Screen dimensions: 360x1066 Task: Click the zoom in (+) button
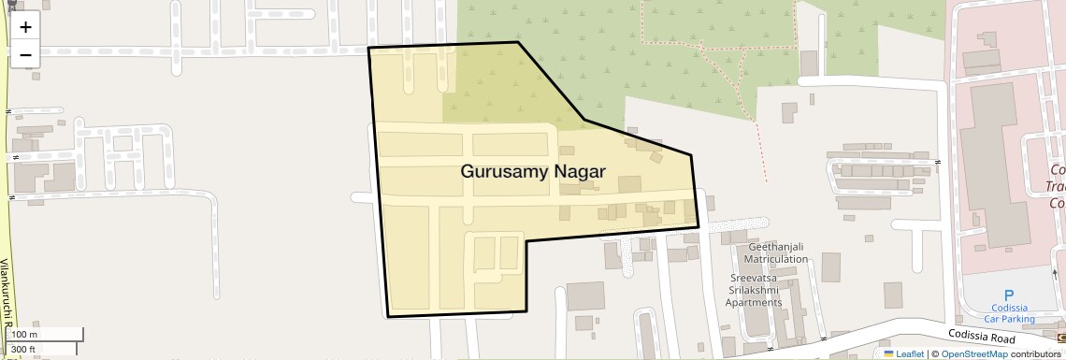[x=25, y=27]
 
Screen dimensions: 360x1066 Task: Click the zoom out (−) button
[x=25, y=54]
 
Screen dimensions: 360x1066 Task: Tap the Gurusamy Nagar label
[x=533, y=172]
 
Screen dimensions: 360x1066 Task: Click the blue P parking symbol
[x=1008, y=295]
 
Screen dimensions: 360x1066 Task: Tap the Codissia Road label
[x=979, y=338]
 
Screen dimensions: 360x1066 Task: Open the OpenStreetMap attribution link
[x=973, y=353]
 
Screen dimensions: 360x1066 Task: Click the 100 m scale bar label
[x=24, y=335]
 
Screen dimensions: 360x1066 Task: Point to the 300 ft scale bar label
[x=24, y=350]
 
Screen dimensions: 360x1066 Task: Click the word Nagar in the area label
[x=580, y=172]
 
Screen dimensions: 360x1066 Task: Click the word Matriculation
[x=775, y=259]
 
